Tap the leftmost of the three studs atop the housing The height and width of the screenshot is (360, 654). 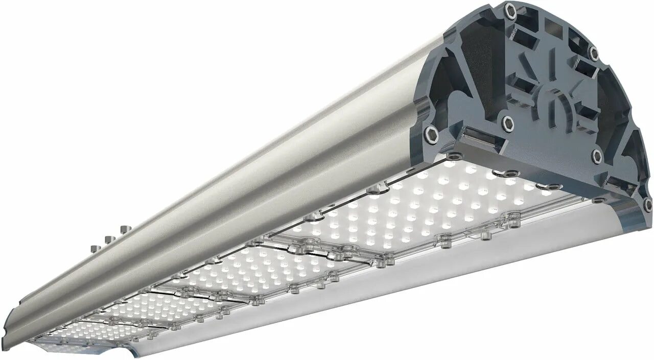[x=94, y=248]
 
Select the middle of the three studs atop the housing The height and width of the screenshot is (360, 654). [x=107, y=239]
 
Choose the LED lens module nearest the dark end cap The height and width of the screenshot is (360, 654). [x=434, y=204]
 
